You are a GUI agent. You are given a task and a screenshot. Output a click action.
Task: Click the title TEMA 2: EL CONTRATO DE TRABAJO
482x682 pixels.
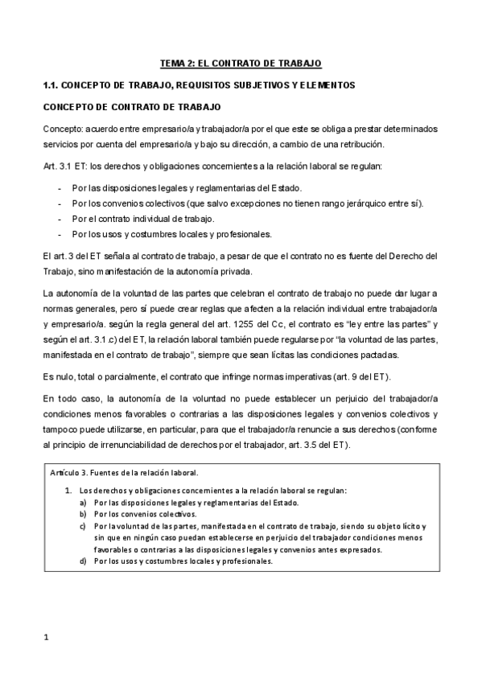click(241, 63)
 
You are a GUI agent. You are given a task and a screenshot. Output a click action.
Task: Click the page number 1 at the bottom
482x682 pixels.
click(47, 638)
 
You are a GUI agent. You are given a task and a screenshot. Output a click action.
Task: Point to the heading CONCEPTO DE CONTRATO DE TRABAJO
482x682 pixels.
click(131, 106)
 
